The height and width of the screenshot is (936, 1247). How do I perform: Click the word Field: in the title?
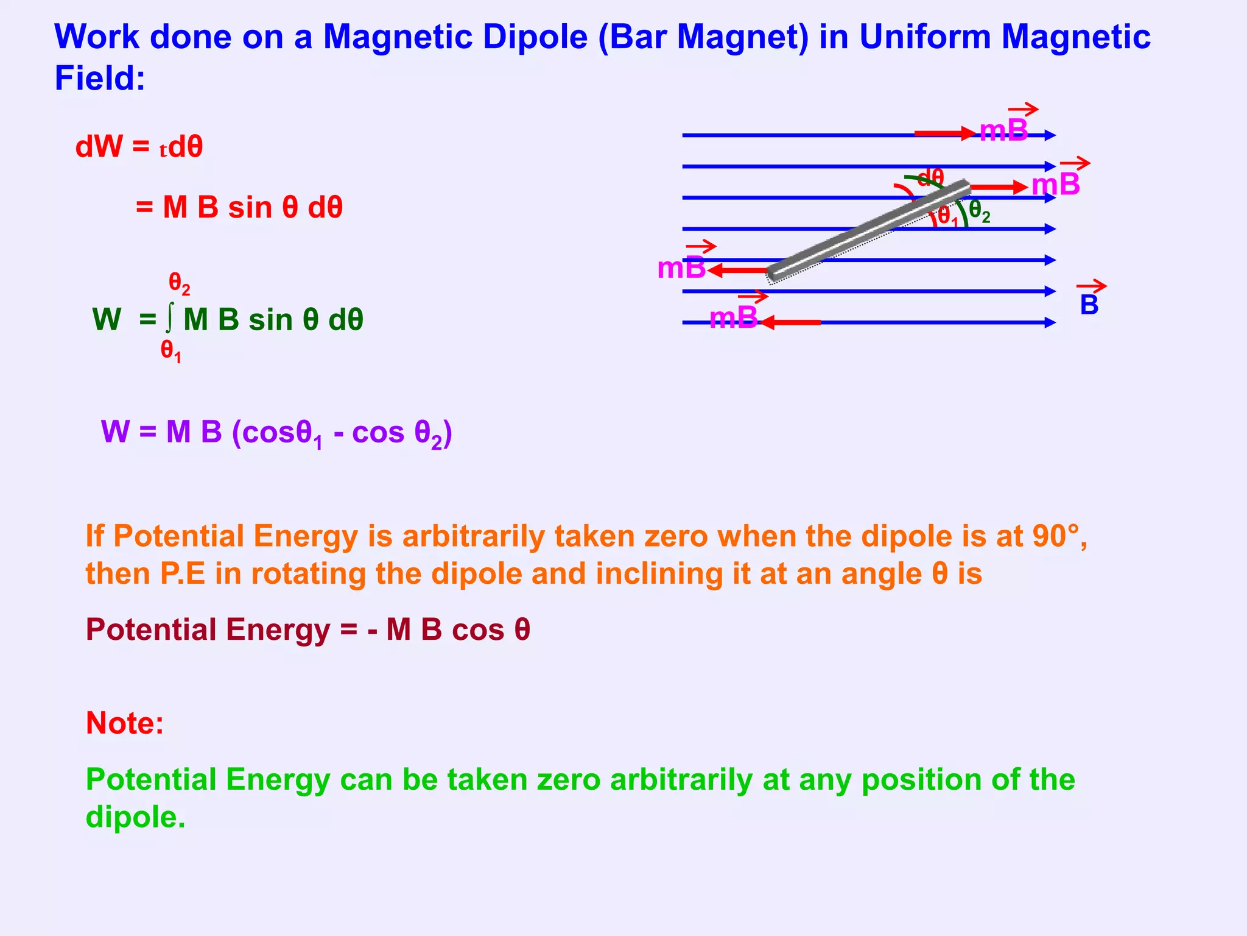pyautogui.click(x=100, y=79)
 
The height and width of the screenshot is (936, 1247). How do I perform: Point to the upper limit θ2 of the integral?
pyautogui.click(x=179, y=283)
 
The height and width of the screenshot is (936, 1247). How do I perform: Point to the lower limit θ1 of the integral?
pyautogui.click(x=171, y=351)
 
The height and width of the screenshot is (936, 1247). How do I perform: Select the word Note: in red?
pyautogui.click(x=125, y=723)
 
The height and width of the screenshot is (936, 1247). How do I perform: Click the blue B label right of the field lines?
pyautogui.click(x=1089, y=305)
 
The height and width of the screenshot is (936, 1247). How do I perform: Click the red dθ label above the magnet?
pyautogui.click(x=930, y=178)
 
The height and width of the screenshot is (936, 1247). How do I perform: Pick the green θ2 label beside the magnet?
pyautogui.click(x=979, y=211)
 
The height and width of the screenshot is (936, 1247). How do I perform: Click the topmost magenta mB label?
pyautogui.click(x=1003, y=130)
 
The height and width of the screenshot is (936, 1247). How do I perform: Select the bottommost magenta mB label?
pyautogui.click(x=734, y=317)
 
